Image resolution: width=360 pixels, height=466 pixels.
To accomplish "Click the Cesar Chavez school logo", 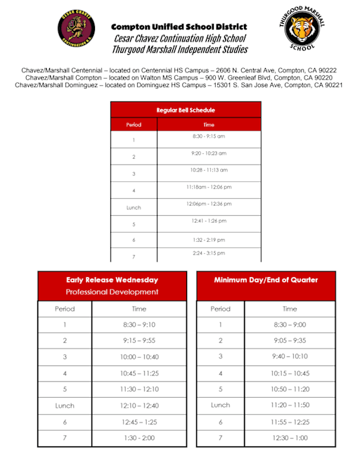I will tap(77, 33).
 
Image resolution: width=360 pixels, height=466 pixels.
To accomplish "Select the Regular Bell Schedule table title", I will tap(186, 110).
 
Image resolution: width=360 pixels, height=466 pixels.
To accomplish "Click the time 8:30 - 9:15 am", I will tap(209, 136).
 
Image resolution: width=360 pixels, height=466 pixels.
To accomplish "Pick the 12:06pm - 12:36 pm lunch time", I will tap(209, 204).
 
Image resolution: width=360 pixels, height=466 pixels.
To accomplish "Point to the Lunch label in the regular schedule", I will tap(134, 208).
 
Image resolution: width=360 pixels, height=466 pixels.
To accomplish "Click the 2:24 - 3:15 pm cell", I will tap(209, 253).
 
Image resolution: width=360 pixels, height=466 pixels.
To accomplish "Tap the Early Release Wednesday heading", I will tap(112, 279).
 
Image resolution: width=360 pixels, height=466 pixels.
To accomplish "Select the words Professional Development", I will tap(112, 292).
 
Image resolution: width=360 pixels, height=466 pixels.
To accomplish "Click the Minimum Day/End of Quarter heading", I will tap(266, 280).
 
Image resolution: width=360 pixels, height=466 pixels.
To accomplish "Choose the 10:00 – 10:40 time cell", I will tap(139, 357).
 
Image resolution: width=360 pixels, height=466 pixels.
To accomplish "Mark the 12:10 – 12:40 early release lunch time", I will tap(139, 406).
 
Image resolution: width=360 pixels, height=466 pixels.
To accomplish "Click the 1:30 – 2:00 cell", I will tap(139, 438).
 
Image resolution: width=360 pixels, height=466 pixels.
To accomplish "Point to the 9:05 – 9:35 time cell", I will tap(290, 341).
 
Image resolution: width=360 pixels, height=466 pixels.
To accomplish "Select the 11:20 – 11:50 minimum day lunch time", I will tap(290, 406).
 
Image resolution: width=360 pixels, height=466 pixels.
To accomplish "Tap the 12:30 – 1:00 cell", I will tap(290, 438).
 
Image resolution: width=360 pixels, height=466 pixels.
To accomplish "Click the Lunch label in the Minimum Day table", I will tap(220, 406).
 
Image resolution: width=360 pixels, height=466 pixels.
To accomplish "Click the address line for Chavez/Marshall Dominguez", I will tap(179, 84).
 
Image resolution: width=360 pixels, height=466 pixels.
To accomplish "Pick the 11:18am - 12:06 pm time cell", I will tap(209, 187).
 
